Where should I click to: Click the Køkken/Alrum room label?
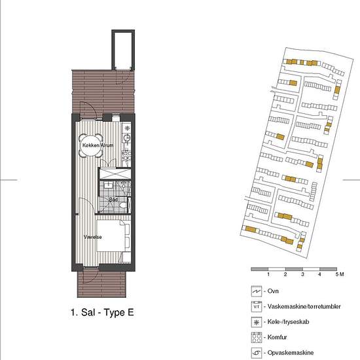pyautogui.click(x=98, y=145)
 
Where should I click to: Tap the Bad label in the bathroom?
pyautogui.click(x=113, y=200)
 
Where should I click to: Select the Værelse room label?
pyautogui.click(x=93, y=237)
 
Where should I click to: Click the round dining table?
pyautogui.click(x=91, y=145)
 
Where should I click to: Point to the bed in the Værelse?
pyautogui.click(x=111, y=236)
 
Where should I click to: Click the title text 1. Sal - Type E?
pyautogui.click(x=102, y=312)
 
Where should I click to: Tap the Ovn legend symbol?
pyautogui.click(x=257, y=291)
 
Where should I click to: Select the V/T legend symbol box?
pyautogui.click(x=257, y=306)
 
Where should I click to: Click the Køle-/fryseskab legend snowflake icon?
pyautogui.click(x=257, y=322)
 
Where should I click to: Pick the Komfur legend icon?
pyautogui.click(x=257, y=338)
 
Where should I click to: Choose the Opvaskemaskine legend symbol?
pyautogui.click(x=257, y=353)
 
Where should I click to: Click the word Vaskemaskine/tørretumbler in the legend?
pyautogui.click(x=304, y=306)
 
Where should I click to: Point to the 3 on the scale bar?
pyautogui.click(x=302, y=274)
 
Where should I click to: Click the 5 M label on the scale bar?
pyautogui.click(x=340, y=274)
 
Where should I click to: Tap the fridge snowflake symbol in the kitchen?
pyautogui.click(x=127, y=128)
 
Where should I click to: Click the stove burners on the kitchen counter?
pyautogui.click(x=126, y=156)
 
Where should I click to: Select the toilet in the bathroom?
pyautogui.click(x=123, y=204)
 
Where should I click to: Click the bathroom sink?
pyautogui.click(x=108, y=185)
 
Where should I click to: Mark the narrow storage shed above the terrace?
pyautogui.click(x=123, y=50)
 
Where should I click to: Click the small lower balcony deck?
pyautogui.click(x=101, y=284)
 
